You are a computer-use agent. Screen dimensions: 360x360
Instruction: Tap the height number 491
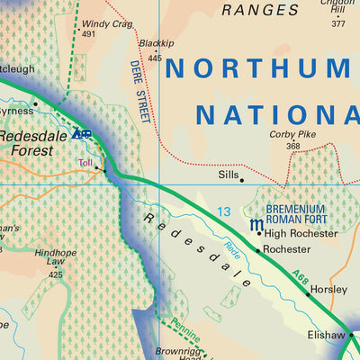(x=88, y=34)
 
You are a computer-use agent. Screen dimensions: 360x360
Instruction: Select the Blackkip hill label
(x=156, y=42)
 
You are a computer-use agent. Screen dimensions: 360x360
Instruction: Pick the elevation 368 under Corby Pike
(x=292, y=146)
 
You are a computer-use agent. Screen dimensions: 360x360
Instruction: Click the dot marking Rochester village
(x=258, y=250)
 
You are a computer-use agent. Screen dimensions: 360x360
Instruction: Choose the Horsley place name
(x=328, y=292)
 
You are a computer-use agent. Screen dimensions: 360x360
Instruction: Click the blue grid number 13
(x=223, y=211)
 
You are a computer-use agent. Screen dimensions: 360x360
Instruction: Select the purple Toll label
(x=85, y=163)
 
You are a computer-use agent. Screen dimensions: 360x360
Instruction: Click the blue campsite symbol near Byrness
(x=82, y=135)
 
